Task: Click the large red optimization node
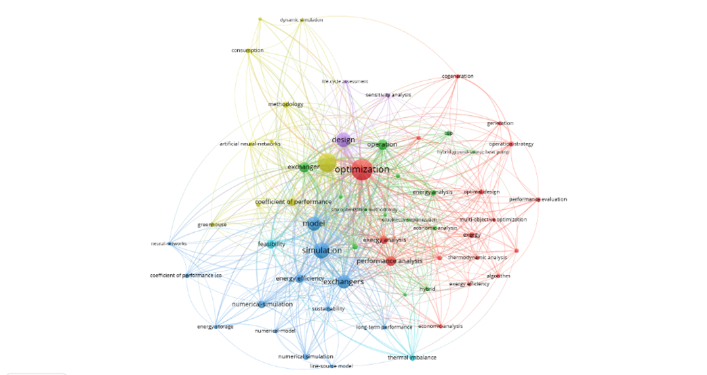tap(362, 170)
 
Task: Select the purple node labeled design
tap(343, 140)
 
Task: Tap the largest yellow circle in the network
tap(327, 162)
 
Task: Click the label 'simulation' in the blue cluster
tap(321, 251)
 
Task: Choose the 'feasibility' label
tap(271, 244)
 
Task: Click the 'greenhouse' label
tap(212, 225)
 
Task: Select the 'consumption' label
tap(247, 51)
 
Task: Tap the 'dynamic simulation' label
tap(302, 20)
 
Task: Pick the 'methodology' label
tap(285, 104)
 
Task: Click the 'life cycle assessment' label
tap(345, 82)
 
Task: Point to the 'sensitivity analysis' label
tap(388, 95)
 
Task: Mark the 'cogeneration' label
tap(458, 76)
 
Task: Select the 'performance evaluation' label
tap(538, 200)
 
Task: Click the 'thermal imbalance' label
tap(412, 357)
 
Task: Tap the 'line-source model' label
tap(332, 366)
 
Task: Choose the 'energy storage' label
tap(216, 327)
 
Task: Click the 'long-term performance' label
tap(384, 328)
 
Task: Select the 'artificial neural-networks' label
tap(250, 144)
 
